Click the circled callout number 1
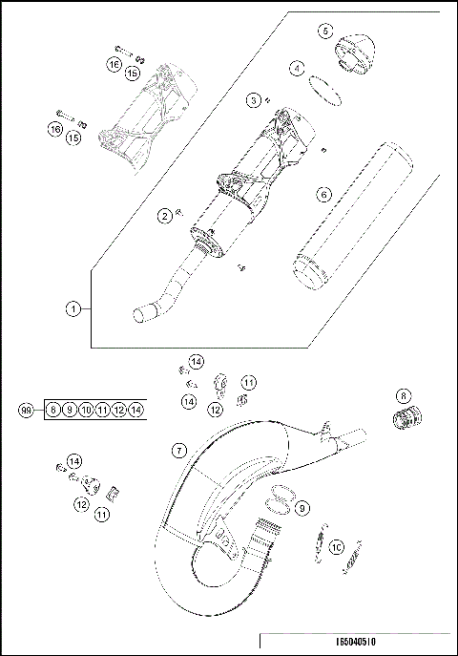(73, 308)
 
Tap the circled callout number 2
(164, 217)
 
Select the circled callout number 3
(253, 99)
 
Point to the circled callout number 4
(298, 69)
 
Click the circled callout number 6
(323, 194)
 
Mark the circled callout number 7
(178, 449)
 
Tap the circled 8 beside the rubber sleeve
(403, 394)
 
